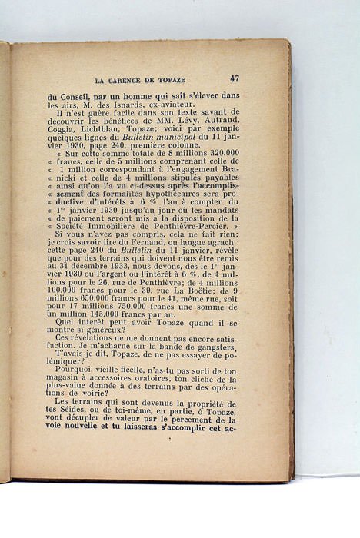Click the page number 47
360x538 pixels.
(234, 78)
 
